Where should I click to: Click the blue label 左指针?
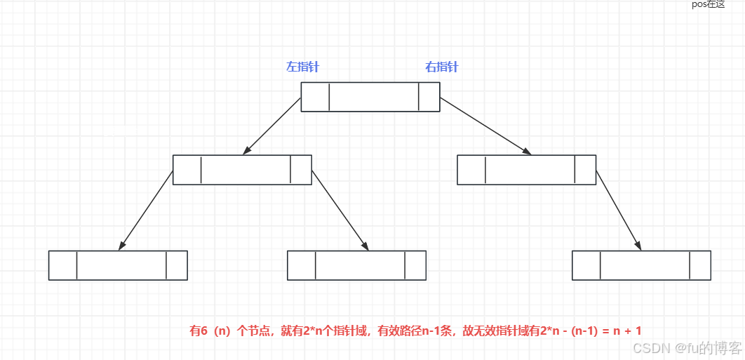[x=302, y=67]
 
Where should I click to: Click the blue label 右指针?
[x=442, y=67]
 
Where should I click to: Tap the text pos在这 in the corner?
[x=708, y=4]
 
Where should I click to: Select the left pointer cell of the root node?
[x=315, y=97]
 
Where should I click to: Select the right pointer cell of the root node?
[x=429, y=97]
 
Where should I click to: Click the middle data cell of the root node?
[x=373, y=97]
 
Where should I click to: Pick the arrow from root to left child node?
[x=272, y=126]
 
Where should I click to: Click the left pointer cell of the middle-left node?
[x=187, y=170]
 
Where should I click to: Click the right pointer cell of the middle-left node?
[x=301, y=170]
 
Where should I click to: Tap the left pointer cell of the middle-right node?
[x=471, y=170]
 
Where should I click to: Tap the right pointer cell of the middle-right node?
[x=585, y=170]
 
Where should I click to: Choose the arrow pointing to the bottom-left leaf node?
[x=147, y=210]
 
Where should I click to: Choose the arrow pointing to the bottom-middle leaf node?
[x=340, y=210]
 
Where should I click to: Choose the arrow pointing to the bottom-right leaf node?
[x=618, y=210]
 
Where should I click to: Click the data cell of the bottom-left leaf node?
[x=121, y=265]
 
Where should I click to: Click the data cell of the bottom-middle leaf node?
[x=360, y=265]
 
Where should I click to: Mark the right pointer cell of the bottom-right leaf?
[x=700, y=265]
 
